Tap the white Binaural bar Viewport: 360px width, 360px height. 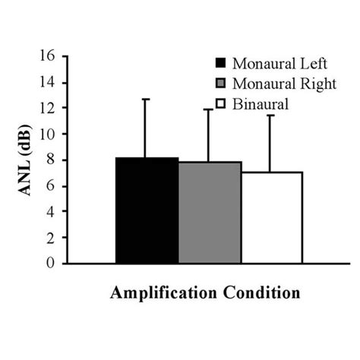click(272, 218)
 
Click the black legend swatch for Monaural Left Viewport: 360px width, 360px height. click(221, 63)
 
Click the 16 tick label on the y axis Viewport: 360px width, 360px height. click(48, 56)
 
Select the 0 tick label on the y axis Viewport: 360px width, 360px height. click(52, 263)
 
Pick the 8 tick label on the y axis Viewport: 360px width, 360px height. click(52, 159)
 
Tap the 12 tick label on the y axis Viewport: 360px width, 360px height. click(48, 108)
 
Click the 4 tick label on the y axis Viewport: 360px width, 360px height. click(52, 211)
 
